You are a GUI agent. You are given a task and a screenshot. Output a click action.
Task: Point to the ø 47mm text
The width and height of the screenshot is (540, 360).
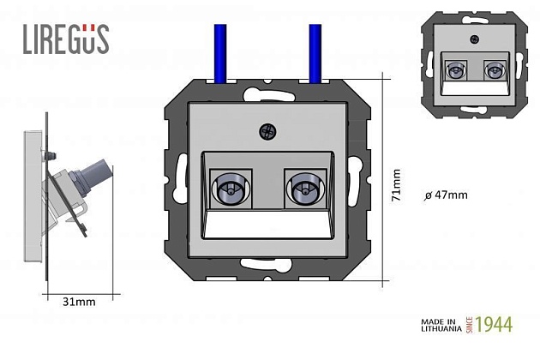pos(447,195)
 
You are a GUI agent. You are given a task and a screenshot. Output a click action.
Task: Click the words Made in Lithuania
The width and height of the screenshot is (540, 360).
pos(440,325)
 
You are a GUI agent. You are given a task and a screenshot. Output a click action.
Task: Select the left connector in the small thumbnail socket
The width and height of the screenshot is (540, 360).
pos(456,70)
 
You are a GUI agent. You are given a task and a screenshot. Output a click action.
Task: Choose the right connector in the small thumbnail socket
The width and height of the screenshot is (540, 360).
pos(493,70)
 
